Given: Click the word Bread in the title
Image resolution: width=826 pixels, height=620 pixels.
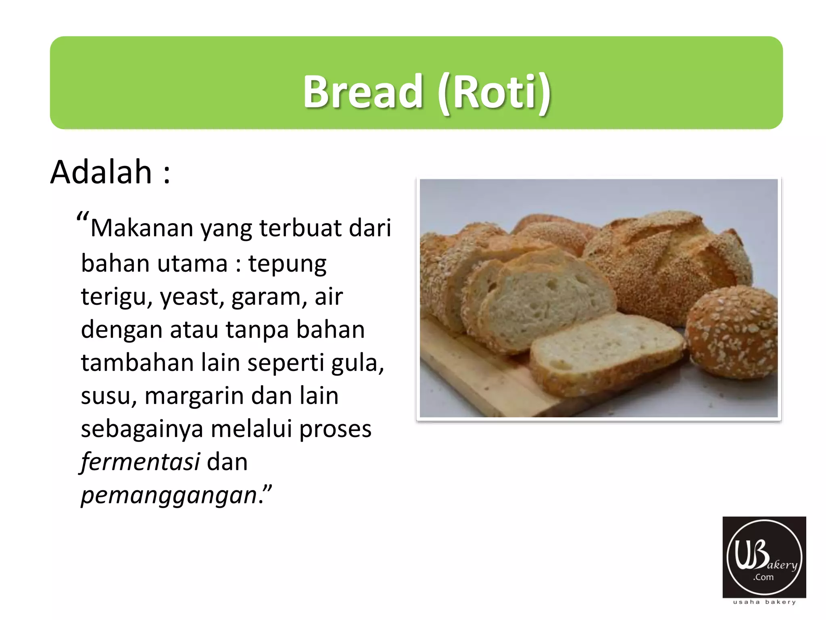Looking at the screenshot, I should [x=363, y=92].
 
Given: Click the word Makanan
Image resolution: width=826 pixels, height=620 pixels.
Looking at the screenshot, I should [x=142, y=228].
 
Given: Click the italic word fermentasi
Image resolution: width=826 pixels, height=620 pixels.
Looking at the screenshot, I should [x=140, y=462].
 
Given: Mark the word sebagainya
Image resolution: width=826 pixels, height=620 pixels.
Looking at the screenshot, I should [x=142, y=429].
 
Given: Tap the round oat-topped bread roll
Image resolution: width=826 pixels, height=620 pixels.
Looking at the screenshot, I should [x=732, y=331].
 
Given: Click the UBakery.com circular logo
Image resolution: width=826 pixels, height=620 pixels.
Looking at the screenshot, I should [x=764, y=557].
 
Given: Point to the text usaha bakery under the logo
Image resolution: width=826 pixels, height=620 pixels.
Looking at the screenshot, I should [x=764, y=602].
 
